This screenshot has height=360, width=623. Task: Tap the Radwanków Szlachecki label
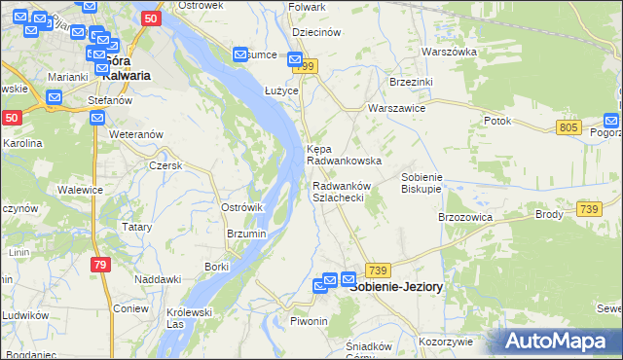[338, 192]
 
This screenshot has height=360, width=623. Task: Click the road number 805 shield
[570, 127]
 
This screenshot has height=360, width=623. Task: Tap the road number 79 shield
[100, 265]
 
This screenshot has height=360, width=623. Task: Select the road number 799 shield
[309, 66]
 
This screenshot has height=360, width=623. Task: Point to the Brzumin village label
[246, 234]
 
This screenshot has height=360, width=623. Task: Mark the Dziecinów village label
[314, 32]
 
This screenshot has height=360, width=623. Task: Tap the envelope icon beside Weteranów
[97, 118]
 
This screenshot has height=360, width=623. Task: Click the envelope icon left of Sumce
[240, 55]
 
